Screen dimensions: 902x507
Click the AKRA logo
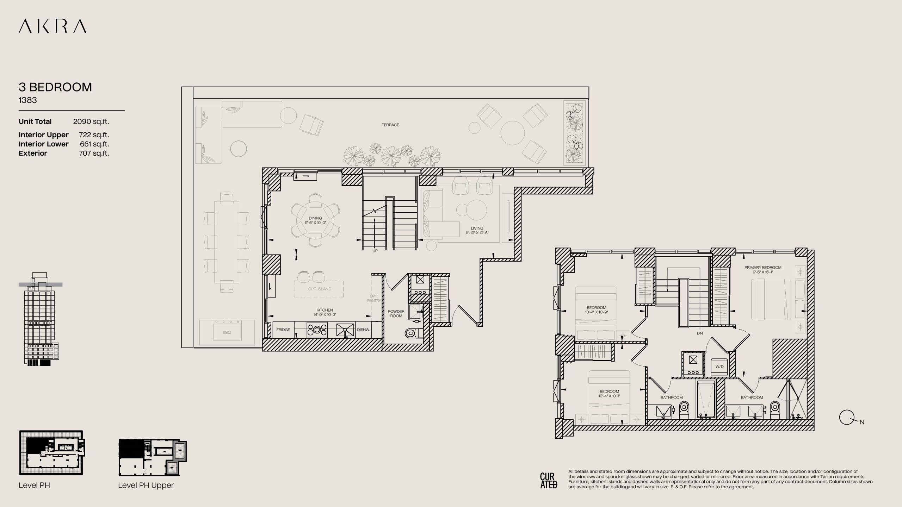click(x=52, y=26)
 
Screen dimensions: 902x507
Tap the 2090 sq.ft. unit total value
click(x=91, y=122)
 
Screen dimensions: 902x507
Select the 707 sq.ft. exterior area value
click(x=94, y=154)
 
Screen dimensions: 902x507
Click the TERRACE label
click(x=390, y=125)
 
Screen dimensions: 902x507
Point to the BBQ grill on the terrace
click(x=227, y=332)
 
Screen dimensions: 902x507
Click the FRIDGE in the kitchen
click(x=283, y=330)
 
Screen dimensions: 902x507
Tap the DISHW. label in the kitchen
click(x=363, y=330)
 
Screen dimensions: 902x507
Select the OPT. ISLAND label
click(x=320, y=289)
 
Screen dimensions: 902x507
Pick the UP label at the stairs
click(x=375, y=251)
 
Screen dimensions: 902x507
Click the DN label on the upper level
click(x=700, y=333)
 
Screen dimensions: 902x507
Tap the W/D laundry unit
click(x=719, y=367)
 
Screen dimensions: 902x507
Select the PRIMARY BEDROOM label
click(x=763, y=268)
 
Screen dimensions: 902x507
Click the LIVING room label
click(x=477, y=229)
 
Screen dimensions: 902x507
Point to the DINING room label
click(x=315, y=218)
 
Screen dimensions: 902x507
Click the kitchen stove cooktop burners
click(x=317, y=330)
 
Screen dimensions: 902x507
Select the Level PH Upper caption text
click(x=146, y=485)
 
